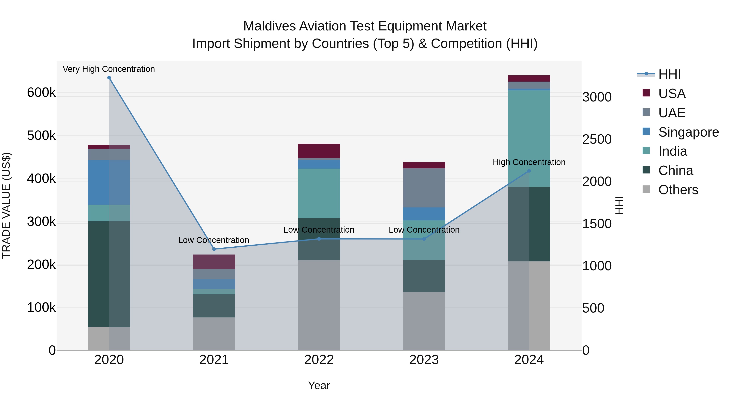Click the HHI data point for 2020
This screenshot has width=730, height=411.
(109, 78)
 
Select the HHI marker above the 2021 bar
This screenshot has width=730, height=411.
(214, 249)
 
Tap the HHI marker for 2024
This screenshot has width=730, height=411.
(529, 171)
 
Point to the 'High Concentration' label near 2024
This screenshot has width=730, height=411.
(529, 162)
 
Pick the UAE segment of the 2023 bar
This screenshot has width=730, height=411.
(424, 188)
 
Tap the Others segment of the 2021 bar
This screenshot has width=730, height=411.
(214, 333)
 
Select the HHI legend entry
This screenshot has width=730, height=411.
(669, 74)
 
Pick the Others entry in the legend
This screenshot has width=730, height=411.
(678, 190)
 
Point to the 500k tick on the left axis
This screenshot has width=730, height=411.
(41, 136)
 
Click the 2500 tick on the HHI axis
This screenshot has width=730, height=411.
(597, 139)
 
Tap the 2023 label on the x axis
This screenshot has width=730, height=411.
(424, 360)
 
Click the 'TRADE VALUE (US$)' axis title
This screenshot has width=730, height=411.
(6, 205)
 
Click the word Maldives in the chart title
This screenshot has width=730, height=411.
(269, 26)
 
